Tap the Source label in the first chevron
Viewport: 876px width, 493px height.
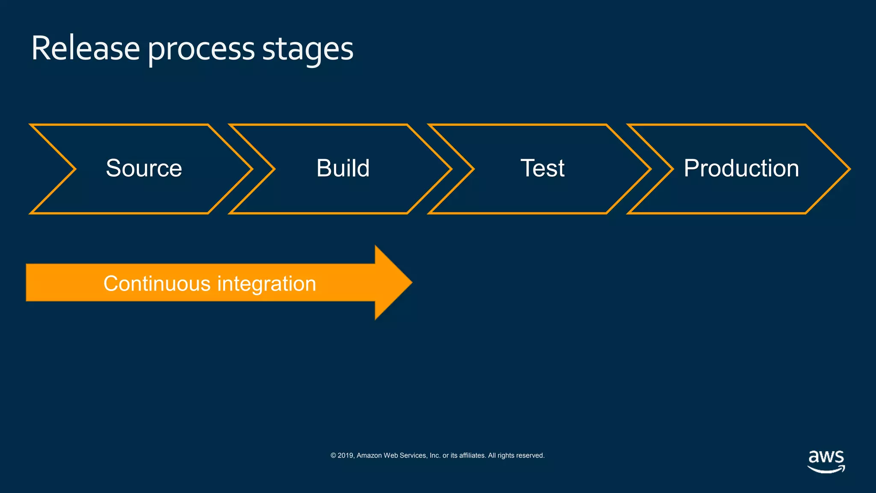(144, 168)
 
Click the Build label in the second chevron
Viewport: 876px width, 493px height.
(343, 168)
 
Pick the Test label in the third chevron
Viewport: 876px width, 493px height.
(542, 168)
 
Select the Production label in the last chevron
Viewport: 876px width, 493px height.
(741, 168)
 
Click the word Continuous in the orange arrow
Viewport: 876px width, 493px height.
(157, 284)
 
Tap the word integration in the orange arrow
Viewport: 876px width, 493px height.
(266, 284)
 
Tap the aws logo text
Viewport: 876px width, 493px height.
(826, 457)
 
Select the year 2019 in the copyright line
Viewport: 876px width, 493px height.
(346, 455)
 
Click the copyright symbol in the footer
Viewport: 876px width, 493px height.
(333, 455)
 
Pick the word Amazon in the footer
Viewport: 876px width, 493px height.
(369, 455)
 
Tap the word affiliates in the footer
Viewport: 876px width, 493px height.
(472, 455)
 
